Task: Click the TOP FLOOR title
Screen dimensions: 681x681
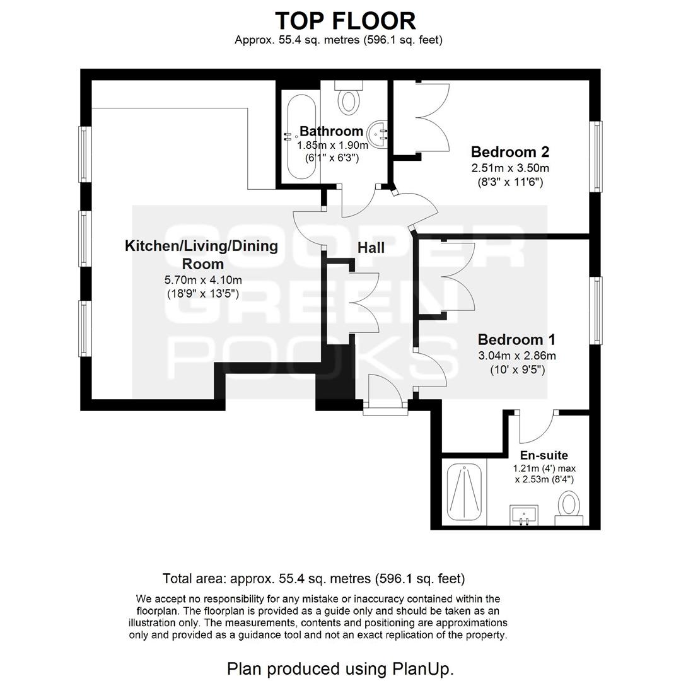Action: pos(346,21)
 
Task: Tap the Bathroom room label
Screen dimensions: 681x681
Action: pos(332,131)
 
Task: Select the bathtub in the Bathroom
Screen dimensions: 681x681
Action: pos(301,136)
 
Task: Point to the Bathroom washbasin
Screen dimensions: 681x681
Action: pos(378,134)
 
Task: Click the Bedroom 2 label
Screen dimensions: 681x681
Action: pos(510,152)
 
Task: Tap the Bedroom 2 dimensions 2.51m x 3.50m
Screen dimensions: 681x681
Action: pos(510,168)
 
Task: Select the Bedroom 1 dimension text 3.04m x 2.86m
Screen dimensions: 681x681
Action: pos(517,356)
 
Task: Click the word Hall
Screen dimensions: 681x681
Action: pos(371,248)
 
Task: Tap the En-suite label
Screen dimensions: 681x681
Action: pos(544,455)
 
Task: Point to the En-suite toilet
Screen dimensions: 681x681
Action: pos(569,508)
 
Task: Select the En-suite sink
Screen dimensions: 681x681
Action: pos(524,515)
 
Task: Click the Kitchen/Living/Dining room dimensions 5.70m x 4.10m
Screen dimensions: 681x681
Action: pos(203,280)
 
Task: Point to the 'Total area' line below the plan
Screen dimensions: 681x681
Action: pos(313,578)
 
